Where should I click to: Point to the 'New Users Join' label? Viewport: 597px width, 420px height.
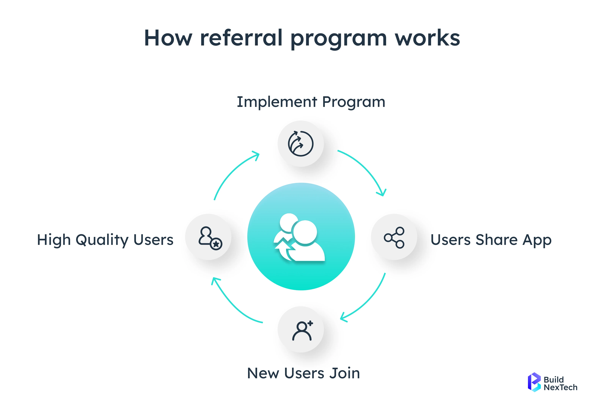303,373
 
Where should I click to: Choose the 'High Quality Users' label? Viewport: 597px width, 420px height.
105,240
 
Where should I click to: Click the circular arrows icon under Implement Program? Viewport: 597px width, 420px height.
301,143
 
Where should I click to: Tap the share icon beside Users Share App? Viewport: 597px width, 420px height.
394,237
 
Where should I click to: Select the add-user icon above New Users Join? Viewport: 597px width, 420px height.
302,331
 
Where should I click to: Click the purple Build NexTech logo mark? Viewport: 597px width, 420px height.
534,382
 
